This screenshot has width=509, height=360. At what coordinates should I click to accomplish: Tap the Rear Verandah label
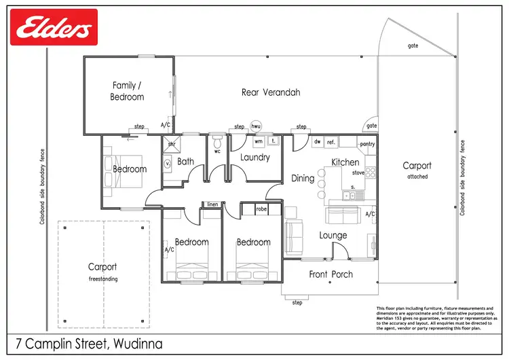(271, 92)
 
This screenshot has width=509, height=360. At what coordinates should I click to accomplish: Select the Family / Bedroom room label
(128, 91)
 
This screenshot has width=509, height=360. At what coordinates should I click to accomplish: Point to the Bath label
(186, 162)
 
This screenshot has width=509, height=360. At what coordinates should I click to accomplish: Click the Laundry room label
(255, 158)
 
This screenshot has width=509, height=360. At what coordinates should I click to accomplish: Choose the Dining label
(303, 179)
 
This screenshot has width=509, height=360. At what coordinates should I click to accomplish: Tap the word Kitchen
(345, 162)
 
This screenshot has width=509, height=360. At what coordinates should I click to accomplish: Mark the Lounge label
(333, 236)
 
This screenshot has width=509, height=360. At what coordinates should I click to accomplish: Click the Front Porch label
(331, 274)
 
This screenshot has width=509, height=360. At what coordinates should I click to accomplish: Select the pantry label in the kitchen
(367, 144)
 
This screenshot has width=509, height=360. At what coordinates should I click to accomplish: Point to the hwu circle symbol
(256, 126)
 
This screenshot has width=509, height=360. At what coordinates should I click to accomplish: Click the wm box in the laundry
(259, 142)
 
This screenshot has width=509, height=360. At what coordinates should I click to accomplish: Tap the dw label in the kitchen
(317, 142)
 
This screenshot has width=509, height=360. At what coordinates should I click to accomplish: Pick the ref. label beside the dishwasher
(331, 142)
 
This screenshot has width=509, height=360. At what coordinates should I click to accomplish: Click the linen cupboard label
(212, 204)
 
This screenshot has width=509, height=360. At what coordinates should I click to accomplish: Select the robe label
(261, 210)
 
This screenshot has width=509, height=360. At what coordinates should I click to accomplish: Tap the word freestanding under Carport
(102, 278)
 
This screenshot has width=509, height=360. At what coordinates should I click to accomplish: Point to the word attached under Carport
(417, 177)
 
